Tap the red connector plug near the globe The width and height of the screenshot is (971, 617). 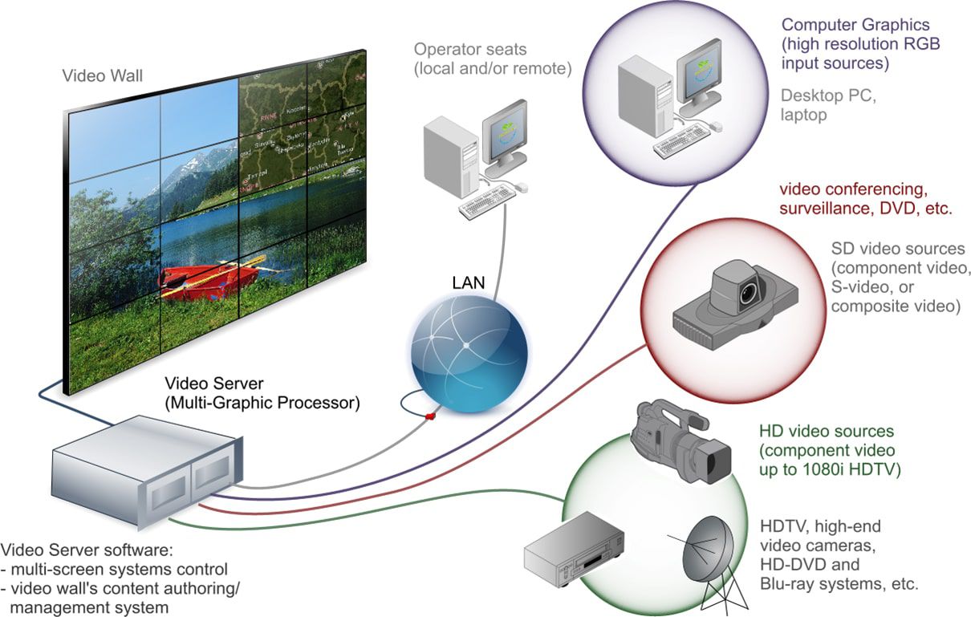pos(431,416)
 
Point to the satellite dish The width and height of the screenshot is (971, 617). pos(704,554)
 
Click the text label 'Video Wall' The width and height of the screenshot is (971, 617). pos(102,76)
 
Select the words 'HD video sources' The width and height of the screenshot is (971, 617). pos(826,432)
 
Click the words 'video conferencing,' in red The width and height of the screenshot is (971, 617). pos(853,189)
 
